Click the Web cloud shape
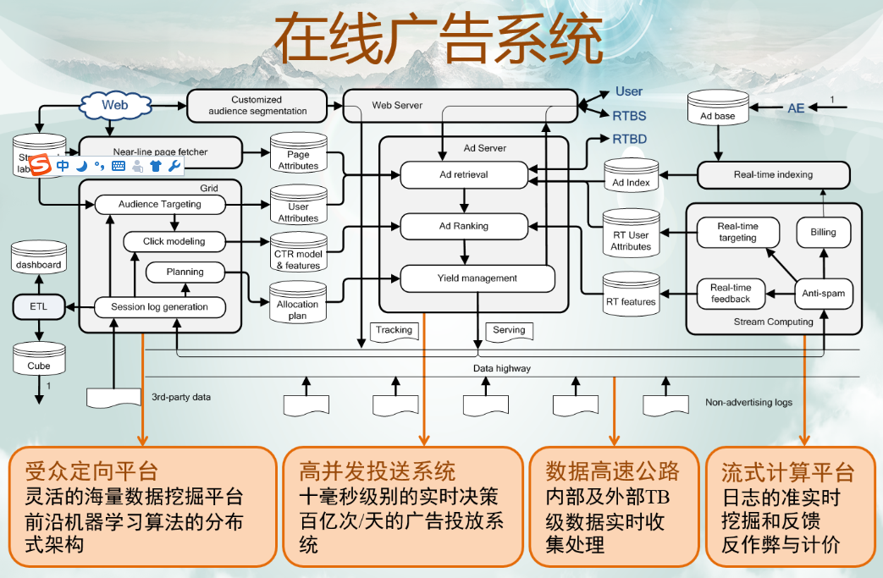[114, 105]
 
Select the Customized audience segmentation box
[257, 105]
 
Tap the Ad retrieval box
[463, 174]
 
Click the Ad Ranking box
[463, 226]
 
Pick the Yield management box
[477, 278]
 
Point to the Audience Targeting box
[160, 204]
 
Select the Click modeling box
[174, 241]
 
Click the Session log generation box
[160, 306]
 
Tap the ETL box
[38, 306]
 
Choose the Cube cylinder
[38, 361]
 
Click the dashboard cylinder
[38, 261]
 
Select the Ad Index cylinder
[631, 179]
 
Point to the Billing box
[822, 232]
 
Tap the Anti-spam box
[823, 294]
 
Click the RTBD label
[629, 138]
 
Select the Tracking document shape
[394, 331]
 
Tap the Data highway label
[502, 369]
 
